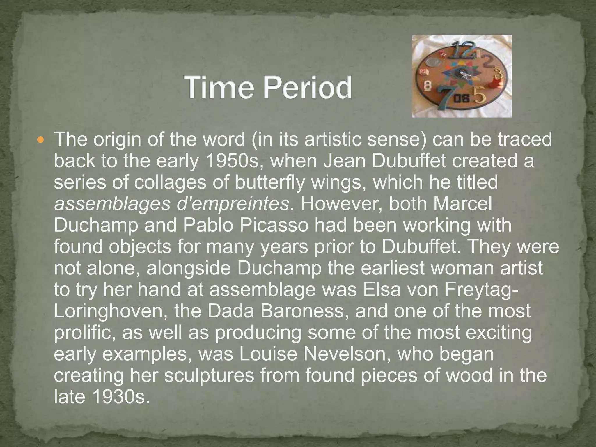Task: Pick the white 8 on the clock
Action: click(428, 85)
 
